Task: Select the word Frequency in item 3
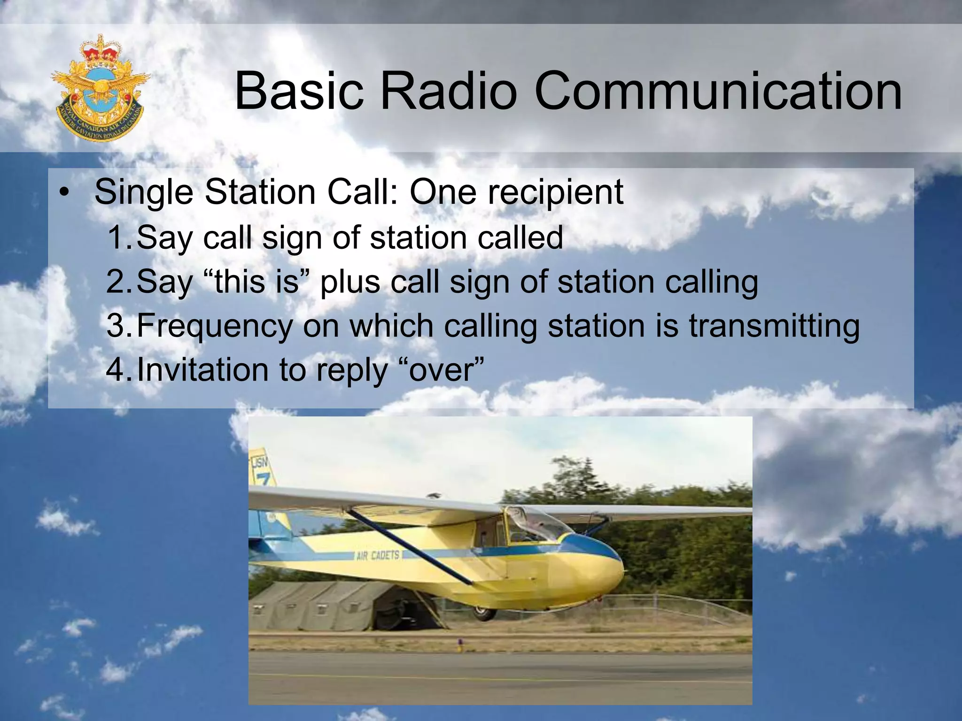[x=214, y=326]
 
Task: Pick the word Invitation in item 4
[x=202, y=369]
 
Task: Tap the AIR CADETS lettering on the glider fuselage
[x=378, y=556]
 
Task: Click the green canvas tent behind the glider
[x=329, y=606]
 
